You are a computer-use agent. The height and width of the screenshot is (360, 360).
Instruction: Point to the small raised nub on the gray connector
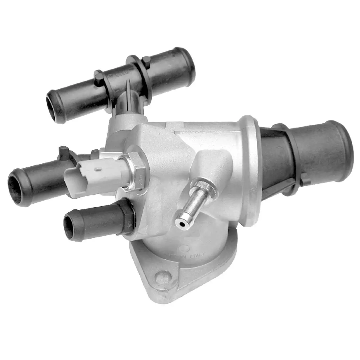tap(97, 169)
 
